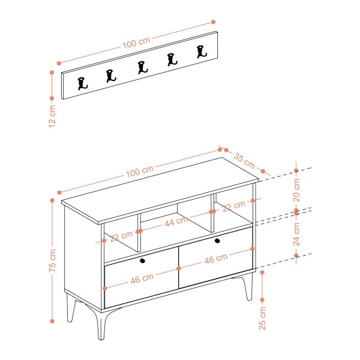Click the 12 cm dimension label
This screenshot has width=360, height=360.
coord(52,116)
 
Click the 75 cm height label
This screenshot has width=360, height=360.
coord(52,260)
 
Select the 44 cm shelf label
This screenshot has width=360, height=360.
coord(176,221)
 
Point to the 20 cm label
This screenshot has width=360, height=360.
coord(296,190)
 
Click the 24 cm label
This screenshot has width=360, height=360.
coord(296,234)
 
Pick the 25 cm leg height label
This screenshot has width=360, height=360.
coord(262,319)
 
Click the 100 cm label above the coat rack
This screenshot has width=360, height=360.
coord(136,43)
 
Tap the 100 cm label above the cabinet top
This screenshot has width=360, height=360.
coord(140,171)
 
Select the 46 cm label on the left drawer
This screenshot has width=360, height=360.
coord(142,278)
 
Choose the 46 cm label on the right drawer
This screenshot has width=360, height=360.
coord(216,259)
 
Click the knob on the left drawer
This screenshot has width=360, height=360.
coord(142,260)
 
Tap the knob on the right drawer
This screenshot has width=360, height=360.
coord(217,241)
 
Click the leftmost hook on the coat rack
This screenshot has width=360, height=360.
coord(82,83)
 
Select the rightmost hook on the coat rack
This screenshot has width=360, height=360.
coord(202,52)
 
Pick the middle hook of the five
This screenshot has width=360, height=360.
coord(143,67)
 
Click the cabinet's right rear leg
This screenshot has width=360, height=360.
coord(248,287)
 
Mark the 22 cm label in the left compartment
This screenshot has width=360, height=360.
coord(121,236)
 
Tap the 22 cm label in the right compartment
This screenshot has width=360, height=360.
coord(234,206)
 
